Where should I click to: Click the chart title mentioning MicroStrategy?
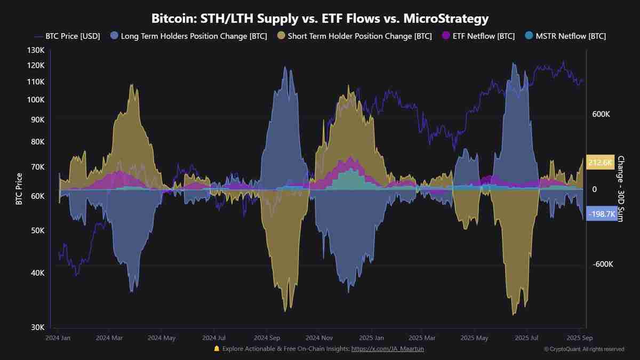[x=320, y=19]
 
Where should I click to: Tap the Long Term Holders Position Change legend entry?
[x=191, y=36]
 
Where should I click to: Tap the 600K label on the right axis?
[x=601, y=114]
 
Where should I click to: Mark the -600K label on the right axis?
[x=603, y=265]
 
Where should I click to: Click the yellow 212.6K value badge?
[x=601, y=163]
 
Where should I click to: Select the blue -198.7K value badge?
[x=602, y=213]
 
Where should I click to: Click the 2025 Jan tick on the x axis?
[x=371, y=338]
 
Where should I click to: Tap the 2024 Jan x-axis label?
[x=58, y=338]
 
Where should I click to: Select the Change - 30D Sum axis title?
[x=620, y=189]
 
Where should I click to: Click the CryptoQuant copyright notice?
[x=584, y=349]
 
